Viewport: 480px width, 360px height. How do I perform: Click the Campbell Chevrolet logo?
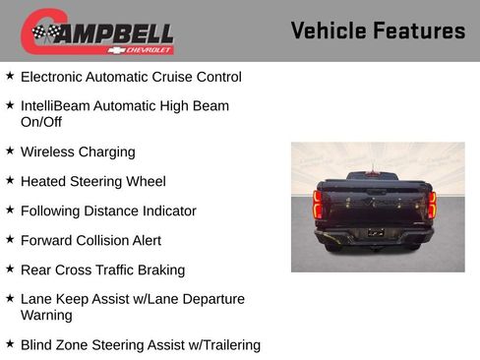[x=97, y=32]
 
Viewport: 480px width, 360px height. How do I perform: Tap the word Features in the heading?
[x=420, y=30]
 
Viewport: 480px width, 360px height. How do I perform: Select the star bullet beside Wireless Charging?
[x=10, y=151]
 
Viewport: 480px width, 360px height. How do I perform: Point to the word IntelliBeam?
[x=58, y=105]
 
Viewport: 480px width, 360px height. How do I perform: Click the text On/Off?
[x=41, y=122]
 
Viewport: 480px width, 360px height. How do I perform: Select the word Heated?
[x=43, y=182]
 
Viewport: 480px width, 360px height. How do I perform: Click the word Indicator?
[x=166, y=210]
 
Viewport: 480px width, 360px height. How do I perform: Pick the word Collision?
[x=109, y=240]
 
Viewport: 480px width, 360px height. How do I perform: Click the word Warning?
[x=47, y=316]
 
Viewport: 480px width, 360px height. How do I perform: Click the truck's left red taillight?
[x=318, y=204]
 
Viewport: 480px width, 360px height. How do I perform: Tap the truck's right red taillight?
[x=432, y=204]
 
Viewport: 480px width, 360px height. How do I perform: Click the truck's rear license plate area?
[x=375, y=233]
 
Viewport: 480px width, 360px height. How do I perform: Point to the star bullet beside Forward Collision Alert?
[x=10, y=239]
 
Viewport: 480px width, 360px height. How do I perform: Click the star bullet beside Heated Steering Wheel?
[x=10, y=181]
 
